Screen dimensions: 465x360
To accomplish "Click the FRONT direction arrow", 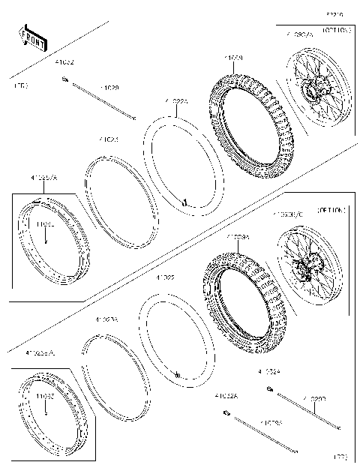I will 30,34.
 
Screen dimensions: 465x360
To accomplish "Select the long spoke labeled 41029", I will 105,100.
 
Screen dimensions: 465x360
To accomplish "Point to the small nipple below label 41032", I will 67,80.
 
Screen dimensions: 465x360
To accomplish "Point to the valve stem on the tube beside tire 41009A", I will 178,373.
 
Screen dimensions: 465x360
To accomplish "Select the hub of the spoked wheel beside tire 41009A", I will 304,266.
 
